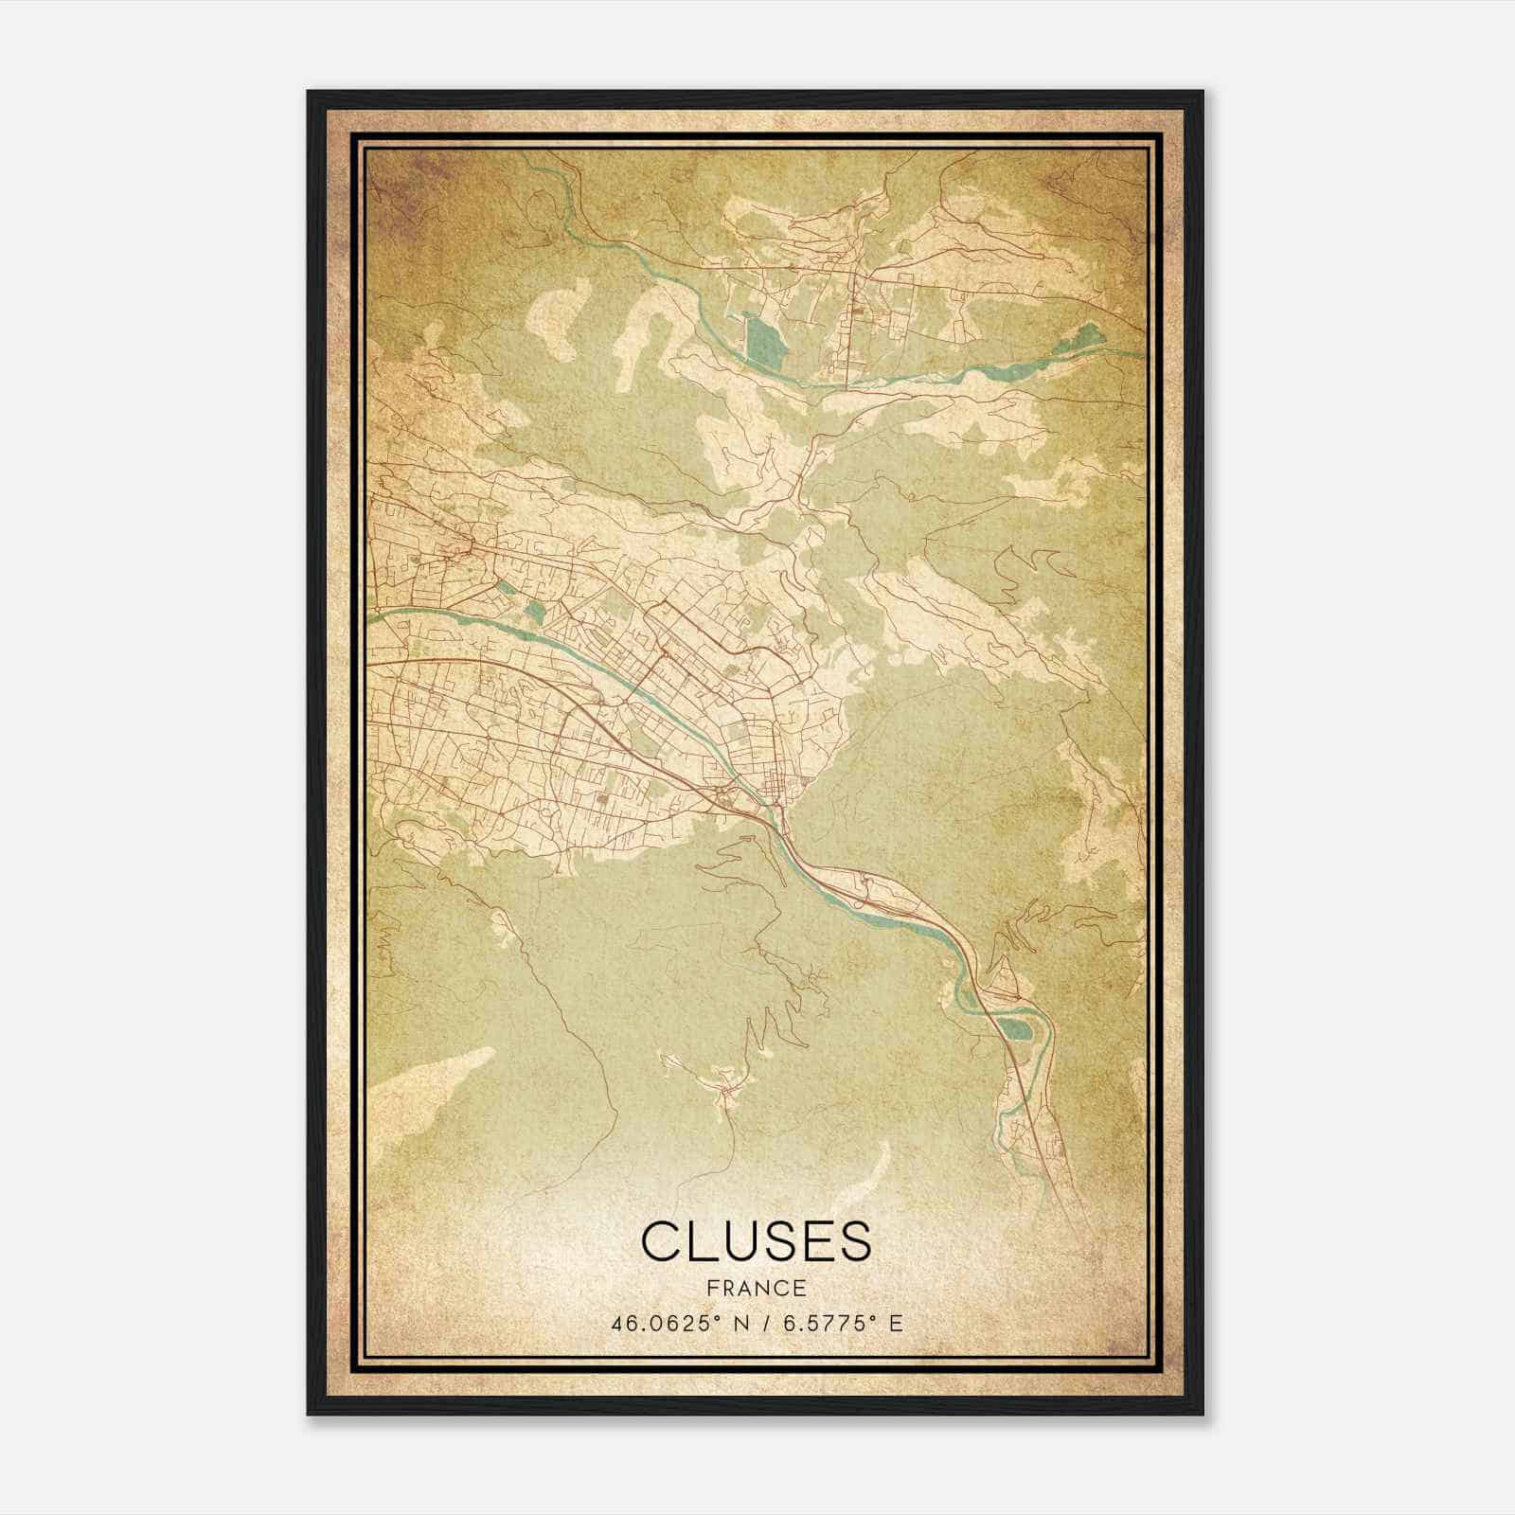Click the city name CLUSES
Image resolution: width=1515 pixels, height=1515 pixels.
tap(756, 1240)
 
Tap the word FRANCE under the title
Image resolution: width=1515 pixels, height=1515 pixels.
tap(756, 1288)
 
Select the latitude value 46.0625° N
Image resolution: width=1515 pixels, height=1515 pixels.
tap(672, 1323)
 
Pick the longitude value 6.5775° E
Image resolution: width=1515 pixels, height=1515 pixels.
tap(833, 1323)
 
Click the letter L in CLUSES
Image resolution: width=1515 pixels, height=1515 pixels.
tap(698, 1240)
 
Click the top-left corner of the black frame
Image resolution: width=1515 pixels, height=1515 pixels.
tap(310, 93)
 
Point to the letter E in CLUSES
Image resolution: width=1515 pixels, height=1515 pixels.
tap(816, 1240)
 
